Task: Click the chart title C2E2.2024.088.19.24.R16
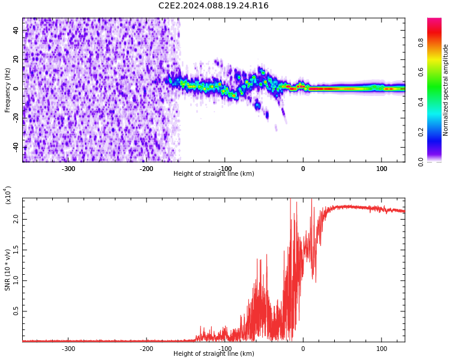[213, 6]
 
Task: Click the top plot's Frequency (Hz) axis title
[8, 90]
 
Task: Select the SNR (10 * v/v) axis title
[8, 270]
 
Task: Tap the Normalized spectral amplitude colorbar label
[446, 90]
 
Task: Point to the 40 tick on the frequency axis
[16, 30]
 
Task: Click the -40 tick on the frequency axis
[16, 147]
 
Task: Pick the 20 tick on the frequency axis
[16, 59]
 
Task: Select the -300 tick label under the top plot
[68, 169]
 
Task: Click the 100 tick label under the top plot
[382, 169]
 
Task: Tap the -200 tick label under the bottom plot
[146, 349]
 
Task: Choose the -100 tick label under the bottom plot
[224, 349]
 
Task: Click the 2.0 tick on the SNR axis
[16, 219]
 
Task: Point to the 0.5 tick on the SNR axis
[16, 311]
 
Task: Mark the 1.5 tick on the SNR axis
[16, 250]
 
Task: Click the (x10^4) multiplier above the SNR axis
[8, 195]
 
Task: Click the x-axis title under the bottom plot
[214, 354]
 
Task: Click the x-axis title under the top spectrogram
[214, 174]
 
